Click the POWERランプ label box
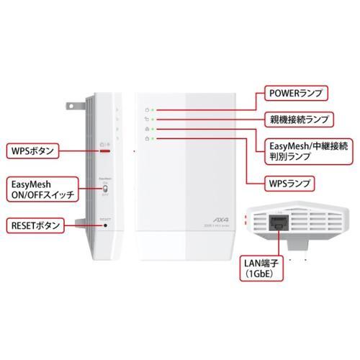pos(295,92)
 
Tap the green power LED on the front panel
pos(153,110)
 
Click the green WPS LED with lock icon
pos(153,138)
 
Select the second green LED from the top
pos(153,120)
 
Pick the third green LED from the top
pos(153,129)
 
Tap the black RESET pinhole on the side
pos(107,225)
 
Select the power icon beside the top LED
pos(146,110)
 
